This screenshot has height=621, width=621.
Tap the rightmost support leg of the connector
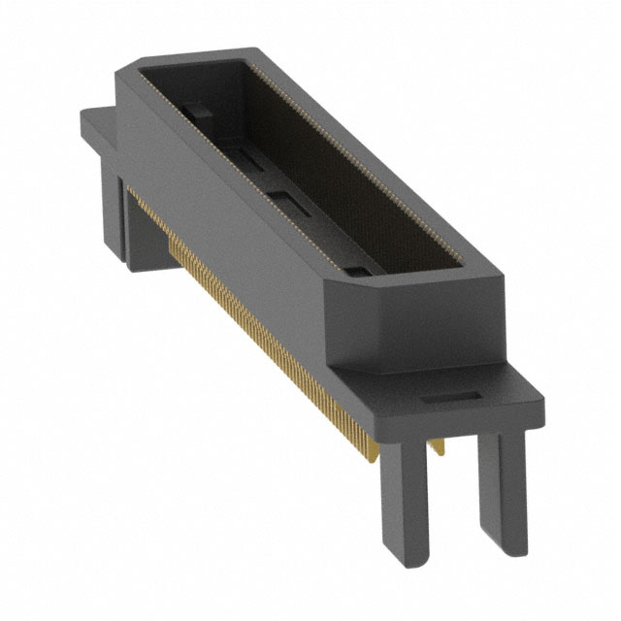pos(503,485)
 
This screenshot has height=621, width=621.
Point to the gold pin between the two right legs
pos(441,445)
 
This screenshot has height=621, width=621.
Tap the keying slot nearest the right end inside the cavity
pos(355,264)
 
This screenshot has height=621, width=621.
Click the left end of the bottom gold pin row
pos(175,243)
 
